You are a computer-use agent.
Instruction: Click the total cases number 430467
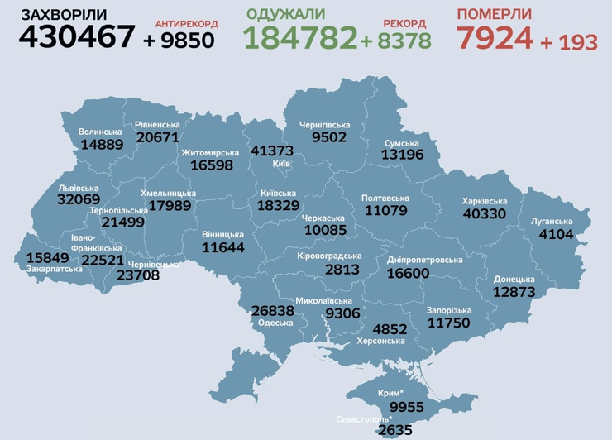pyautogui.click(x=76, y=36)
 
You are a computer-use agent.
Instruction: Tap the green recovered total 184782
pyautogui.click(x=300, y=37)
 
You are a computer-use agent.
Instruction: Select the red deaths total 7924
pyautogui.click(x=494, y=37)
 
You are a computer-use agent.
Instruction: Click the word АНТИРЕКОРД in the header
pyautogui.click(x=186, y=24)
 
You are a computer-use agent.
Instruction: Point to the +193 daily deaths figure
pyautogui.click(x=569, y=42)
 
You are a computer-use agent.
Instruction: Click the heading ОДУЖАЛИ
pyautogui.click(x=285, y=14)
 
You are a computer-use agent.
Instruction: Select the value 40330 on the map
pyautogui.click(x=485, y=213)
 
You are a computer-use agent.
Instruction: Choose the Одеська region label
pyautogui.click(x=275, y=322)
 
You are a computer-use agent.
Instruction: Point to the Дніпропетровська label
pyautogui.click(x=424, y=260)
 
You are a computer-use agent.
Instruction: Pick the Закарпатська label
pyautogui.click(x=53, y=269)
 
